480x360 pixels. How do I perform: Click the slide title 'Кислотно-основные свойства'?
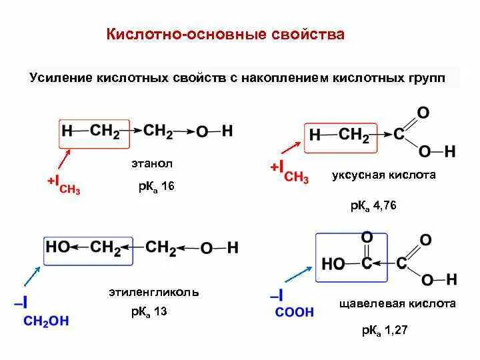226,34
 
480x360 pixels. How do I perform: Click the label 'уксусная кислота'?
383,175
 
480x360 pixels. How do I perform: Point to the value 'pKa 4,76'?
373,206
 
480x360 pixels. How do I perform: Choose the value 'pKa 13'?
149,311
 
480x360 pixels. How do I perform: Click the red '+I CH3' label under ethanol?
64,184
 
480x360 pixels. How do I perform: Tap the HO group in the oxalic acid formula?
333,264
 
